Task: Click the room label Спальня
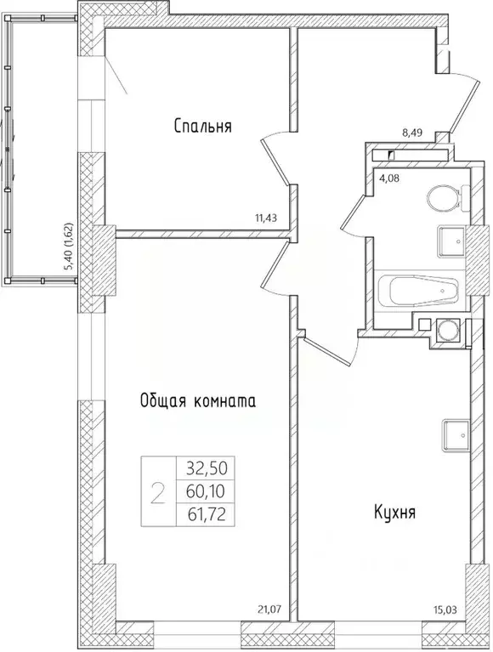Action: (203, 127)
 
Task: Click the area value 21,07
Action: (269, 608)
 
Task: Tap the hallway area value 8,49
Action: (412, 132)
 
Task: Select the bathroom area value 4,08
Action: (388, 179)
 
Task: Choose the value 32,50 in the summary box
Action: (206, 468)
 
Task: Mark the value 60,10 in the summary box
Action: (206, 491)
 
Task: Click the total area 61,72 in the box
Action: (206, 514)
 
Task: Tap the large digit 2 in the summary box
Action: (157, 491)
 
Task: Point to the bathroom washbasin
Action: (451, 241)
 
